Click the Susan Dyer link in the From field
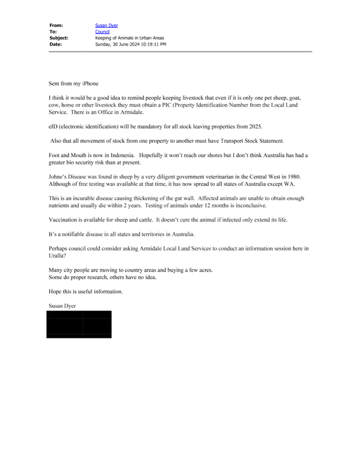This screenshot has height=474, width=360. [x=107, y=26]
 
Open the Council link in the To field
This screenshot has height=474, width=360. [x=102, y=32]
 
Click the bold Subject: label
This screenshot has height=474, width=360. [x=59, y=38]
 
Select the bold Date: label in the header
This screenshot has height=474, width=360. [x=56, y=45]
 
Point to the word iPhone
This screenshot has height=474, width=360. [x=90, y=84]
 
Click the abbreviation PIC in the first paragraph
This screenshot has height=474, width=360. [x=167, y=105]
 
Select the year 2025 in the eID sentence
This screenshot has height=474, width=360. [x=256, y=127]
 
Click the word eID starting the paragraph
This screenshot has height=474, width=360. [x=52, y=127]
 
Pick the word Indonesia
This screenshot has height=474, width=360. [x=123, y=156]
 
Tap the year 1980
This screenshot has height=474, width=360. [x=294, y=177]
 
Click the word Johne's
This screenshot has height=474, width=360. [x=57, y=177]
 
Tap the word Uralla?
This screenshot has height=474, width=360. [x=57, y=256]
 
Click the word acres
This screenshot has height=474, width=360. [x=206, y=270]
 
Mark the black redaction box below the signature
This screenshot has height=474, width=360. [x=79, y=325]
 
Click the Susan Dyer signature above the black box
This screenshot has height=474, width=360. [x=63, y=306]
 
